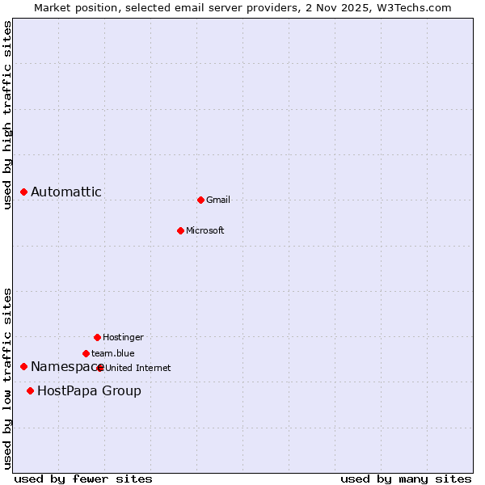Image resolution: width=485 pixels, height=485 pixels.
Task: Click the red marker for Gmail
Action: pos(200,200)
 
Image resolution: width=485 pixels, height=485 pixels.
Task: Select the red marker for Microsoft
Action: pos(180,230)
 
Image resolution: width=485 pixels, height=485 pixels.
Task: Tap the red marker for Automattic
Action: pos(23,192)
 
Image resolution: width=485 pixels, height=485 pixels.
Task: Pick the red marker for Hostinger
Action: pos(97,337)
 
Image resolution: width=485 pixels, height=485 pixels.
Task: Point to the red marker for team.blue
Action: pos(86,353)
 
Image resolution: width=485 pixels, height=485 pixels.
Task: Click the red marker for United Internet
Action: pos(100,368)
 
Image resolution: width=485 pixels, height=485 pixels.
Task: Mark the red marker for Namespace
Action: pos(23,367)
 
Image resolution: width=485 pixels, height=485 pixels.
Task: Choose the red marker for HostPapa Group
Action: pos(30,391)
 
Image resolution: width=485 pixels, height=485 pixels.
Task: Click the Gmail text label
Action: pos(218,200)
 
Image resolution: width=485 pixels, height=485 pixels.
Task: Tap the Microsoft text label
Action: pos(205,230)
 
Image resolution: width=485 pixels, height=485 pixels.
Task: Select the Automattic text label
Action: pos(66,192)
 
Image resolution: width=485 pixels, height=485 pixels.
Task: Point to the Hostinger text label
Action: pos(123,337)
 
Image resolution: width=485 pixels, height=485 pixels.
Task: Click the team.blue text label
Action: pos(113,353)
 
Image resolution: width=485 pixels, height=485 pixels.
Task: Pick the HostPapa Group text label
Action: pos(89,391)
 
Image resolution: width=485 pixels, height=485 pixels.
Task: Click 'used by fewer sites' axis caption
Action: pos(83,479)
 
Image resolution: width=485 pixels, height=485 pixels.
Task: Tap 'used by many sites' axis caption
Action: pos(406,479)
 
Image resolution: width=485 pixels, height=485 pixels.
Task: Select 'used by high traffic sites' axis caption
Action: pos(7,116)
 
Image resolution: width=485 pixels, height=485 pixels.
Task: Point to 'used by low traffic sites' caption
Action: pos(7,377)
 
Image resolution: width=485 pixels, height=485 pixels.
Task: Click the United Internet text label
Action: pos(138,368)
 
